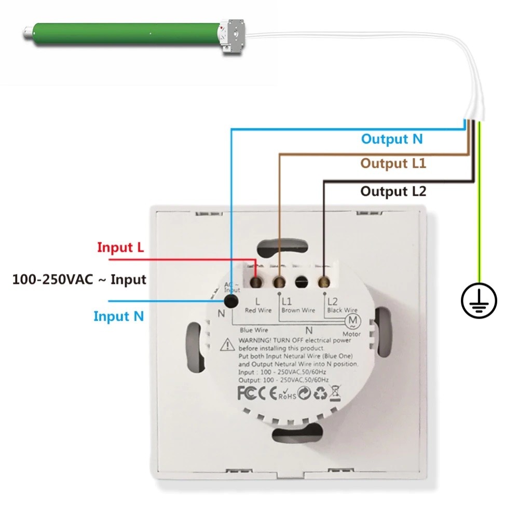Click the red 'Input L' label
tap(120, 247)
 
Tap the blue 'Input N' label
tap(119, 316)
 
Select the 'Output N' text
tap(392, 139)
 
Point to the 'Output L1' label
tap(393, 163)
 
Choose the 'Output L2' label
tap(393, 192)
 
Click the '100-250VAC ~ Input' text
tap(79, 279)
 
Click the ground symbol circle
tap(479, 301)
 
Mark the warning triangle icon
tap(227, 345)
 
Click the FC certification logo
tap(247, 393)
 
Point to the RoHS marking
tap(288, 394)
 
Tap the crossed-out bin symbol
tap(335, 393)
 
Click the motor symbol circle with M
tap(353, 321)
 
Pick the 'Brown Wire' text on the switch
tap(298, 310)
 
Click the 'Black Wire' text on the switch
tap(342, 310)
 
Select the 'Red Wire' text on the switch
tap(258, 310)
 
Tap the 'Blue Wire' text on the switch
tap(254, 330)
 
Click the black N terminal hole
tap(231, 301)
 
